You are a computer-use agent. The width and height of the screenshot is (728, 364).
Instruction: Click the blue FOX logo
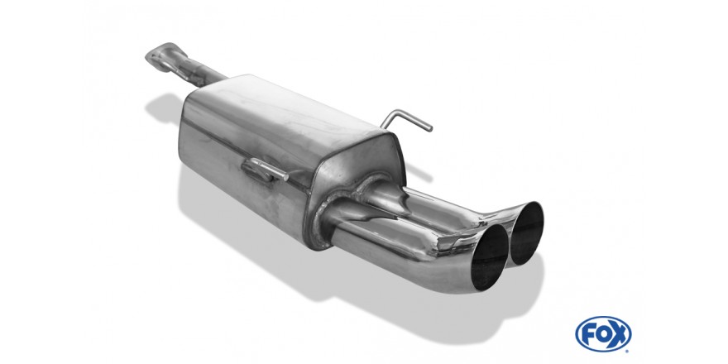pyautogui.click(x=602, y=333)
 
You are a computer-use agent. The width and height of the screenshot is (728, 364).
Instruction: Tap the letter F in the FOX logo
pyautogui.click(x=588, y=334)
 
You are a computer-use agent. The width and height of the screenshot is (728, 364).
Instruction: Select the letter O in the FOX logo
pyautogui.click(x=602, y=334)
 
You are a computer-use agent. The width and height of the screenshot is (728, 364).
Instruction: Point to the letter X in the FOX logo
pyautogui.click(x=619, y=334)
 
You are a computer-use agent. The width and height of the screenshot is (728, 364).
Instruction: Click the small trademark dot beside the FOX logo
pyautogui.click(x=629, y=350)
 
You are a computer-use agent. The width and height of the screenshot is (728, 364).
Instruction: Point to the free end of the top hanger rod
pyautogui.click(x=430, y=128)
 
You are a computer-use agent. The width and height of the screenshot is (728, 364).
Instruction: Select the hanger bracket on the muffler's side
pyautogui.click(x=264, y=170)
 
